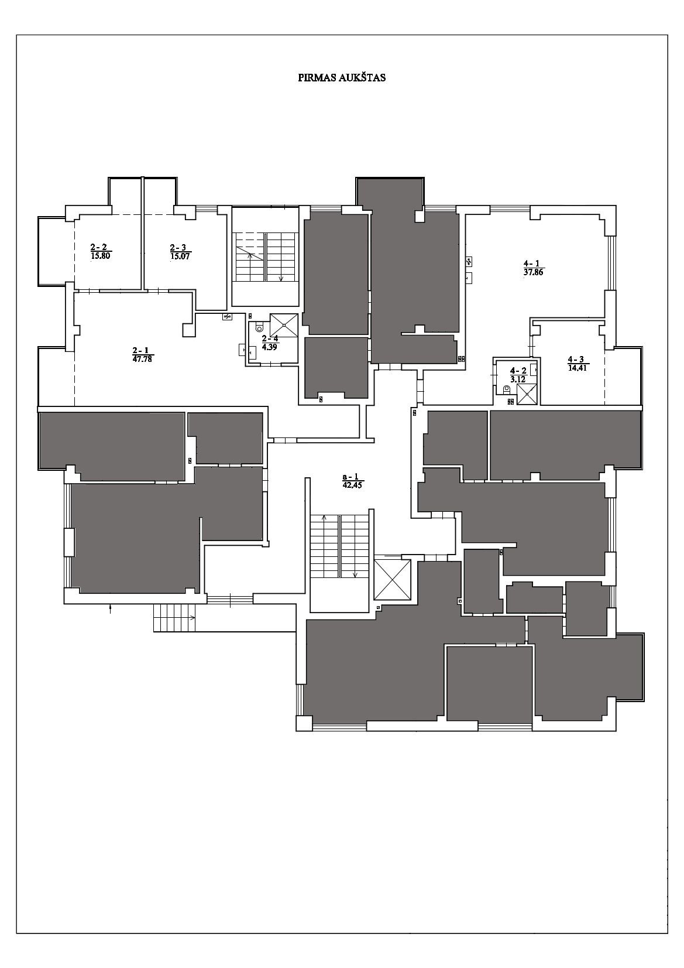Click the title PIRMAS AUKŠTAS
click(x=342, y=78)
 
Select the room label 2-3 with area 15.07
click(x=180, y=251)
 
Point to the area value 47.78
click(x=143, y=358)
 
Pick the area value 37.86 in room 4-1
click(x=533, y=273)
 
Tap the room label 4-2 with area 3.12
click(x=518, y=375)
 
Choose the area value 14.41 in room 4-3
click(x=578, y=368)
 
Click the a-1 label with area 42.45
click(x=352, y=481)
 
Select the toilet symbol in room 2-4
click(x=260, y=327)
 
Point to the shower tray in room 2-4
click(x=284, y=326)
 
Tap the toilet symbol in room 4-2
click(x=506, y=390)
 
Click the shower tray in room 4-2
click(x=527, y=394)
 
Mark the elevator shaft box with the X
click(x=393, y=580)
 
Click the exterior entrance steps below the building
click(x=174, y=618)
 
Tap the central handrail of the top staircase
click(x=265, y=256)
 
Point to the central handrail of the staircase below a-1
click(x=340, y=546)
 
